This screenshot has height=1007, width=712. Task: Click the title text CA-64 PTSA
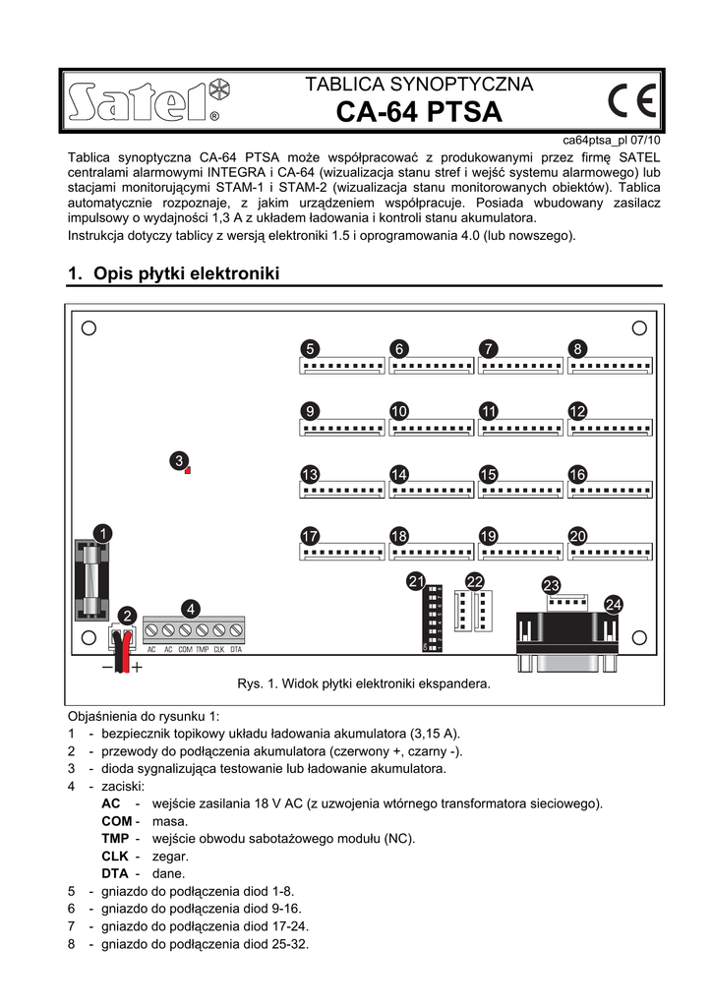(419, 113)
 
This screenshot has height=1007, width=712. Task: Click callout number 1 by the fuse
(102, 533)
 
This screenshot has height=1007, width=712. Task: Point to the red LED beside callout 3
(187, 471)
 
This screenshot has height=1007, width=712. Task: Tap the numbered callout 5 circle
(310, 349)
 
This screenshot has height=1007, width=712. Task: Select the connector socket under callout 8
(610, 366)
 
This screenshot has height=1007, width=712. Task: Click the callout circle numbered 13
(310, 474)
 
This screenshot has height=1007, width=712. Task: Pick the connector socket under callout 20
(610, 552)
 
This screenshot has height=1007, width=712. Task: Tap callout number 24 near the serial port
(614, 604)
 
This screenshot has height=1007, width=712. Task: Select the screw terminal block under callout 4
(193, 629)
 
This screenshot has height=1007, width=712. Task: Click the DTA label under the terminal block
(236, 650)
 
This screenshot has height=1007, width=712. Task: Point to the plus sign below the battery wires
(138, 667)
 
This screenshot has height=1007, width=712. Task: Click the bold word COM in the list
(116, 820)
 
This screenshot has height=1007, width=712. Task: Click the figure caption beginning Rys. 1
(363, 682)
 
